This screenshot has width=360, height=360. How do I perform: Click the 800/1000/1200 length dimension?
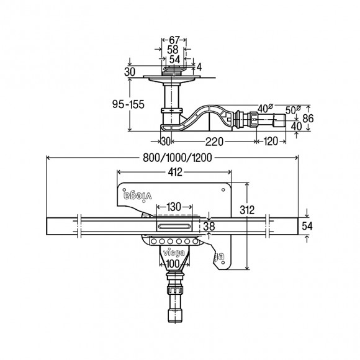pyautogui.click(x=178, y=158)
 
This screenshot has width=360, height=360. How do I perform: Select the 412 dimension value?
pyautogui.click(x=175, y=172)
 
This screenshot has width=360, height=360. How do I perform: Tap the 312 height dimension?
pyautogui.click(x=247, y=210)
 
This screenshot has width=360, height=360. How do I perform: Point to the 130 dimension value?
pyautogui.click(x=174, y=207)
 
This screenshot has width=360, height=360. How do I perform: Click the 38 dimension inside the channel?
pyautogui.click(x=209, y=227)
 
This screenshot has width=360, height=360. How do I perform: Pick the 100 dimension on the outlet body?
pyautogui.click(x=173, y=264)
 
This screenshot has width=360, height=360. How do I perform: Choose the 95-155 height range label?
pyautogui.click(x=128, y=104)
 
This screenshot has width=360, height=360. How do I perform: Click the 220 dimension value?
pyautogui.click(x=214, y=142)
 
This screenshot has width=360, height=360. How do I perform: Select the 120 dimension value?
pyautogui.click(x=271, y=142)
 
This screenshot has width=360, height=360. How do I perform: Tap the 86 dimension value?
pyautogui.click(x=308, y=119)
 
